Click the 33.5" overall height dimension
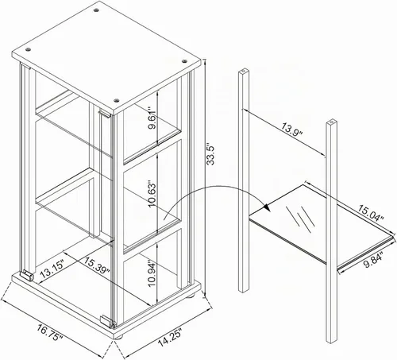pyautogui.click(x=211, y=155)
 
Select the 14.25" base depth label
pyautogui.click(x=171, y=338)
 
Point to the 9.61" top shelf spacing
pyautogui.click(x=152, y=118)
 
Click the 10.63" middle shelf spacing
pyautogui.click(x=152, y=194)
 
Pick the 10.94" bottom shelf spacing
pyautogui.click(x=152, y=273)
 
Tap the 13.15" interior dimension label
pyautogui.click(x=52, y=269)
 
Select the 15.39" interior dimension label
pyautogui.click(x=97, y=265)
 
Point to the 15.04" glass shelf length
pyautogui.click(x=371, y=213)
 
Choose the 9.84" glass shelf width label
pyautogui.click(x=373, y=261)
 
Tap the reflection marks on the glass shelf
pyautogui.click(x=301, y=215)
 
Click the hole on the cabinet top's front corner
pyautogui.click(x=116, y=100)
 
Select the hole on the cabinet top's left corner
pyautogui.click(x=28, y=49)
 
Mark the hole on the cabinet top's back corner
pyautogui.click(x=96, y=10)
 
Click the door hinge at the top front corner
pyautogui.click(x=104, y=114)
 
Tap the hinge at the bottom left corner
pyautogui.click(x=27, y=276)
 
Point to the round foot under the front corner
pyautogui.click(x=119, y=337)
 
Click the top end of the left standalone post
pyautogui.click(x=244, y=72)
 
